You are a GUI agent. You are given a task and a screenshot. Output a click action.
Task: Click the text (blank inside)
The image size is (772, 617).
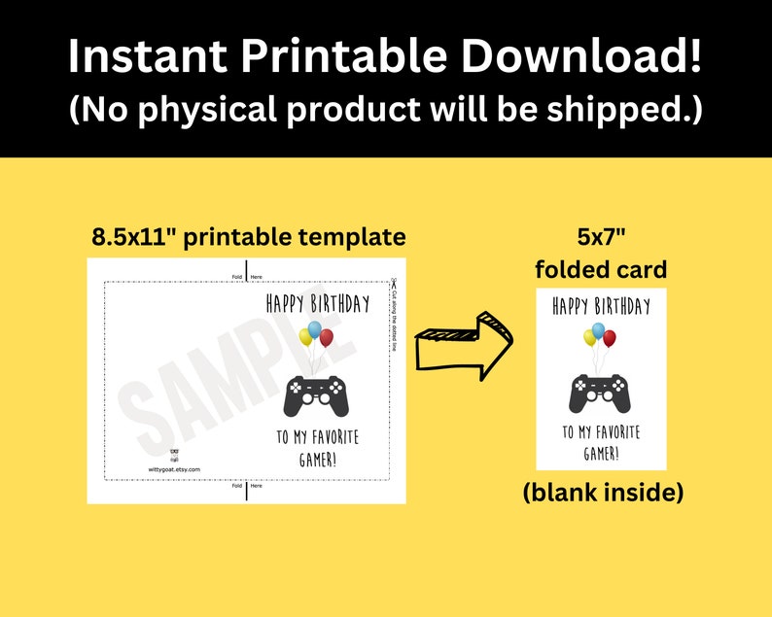pos(603,493)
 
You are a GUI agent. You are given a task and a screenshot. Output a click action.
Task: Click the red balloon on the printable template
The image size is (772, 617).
pos(327,337)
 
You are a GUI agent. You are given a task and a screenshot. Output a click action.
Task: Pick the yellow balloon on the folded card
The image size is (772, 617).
pos(589,336)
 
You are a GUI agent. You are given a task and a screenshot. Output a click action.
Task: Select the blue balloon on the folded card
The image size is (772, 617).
pos(598,329)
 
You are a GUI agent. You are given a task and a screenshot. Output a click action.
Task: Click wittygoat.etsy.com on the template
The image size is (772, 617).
pos(174,468)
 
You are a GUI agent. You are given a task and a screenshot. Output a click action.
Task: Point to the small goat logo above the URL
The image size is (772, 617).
pos(174,454)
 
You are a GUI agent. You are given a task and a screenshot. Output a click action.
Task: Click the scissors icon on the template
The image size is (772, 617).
pos(395,283)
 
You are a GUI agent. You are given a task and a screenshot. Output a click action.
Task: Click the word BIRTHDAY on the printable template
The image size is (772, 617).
pos(341,304)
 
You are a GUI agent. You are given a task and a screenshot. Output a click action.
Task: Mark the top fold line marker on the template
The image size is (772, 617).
pos(247,270)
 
